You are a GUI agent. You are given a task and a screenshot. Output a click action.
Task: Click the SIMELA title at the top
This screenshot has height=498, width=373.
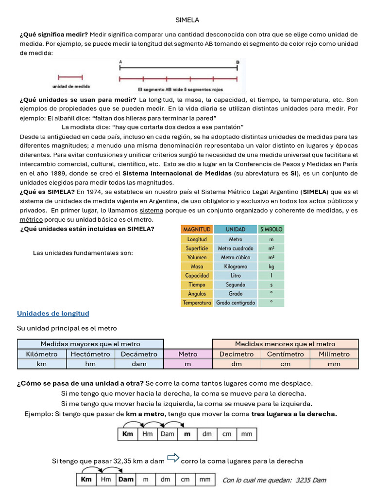(x=187, y=20)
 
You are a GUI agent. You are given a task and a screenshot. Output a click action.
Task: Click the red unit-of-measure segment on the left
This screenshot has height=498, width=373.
(x=70, y=77)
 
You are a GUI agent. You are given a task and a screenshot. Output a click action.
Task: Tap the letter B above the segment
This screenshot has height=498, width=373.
(x=237, y=62)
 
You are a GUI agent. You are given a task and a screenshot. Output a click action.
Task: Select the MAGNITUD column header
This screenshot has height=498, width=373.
(x=197, y=229)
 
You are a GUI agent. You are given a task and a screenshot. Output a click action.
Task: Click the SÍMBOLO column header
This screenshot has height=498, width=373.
(x=271, y=229)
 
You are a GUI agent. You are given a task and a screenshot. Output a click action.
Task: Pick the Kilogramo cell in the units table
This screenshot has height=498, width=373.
(x=235, y=267)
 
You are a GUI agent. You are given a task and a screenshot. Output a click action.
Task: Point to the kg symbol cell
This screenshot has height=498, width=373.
(x=271, y=267)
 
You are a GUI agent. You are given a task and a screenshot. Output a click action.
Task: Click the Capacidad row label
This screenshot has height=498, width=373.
(x=197, y=276)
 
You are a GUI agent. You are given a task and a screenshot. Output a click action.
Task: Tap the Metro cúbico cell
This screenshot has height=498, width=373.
(x=235, y=257)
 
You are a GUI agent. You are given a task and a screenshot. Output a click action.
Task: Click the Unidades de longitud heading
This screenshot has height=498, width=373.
(x=53, y=314)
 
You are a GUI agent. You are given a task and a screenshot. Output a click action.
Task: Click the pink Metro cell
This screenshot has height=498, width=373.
(x=188, y=354)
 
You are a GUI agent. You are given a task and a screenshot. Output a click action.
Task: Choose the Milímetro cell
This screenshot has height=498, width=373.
(x=334, y=354)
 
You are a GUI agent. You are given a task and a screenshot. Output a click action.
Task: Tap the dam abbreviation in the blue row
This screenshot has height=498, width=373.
(x=139, y=364)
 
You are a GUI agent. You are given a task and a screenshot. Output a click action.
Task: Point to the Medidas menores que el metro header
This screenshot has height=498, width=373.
(x=285, y=344)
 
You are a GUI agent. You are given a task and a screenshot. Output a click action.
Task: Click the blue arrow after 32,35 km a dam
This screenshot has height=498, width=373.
(x=173, y=458)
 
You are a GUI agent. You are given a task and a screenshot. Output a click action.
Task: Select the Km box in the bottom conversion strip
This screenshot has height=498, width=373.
(x=86, y=480)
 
